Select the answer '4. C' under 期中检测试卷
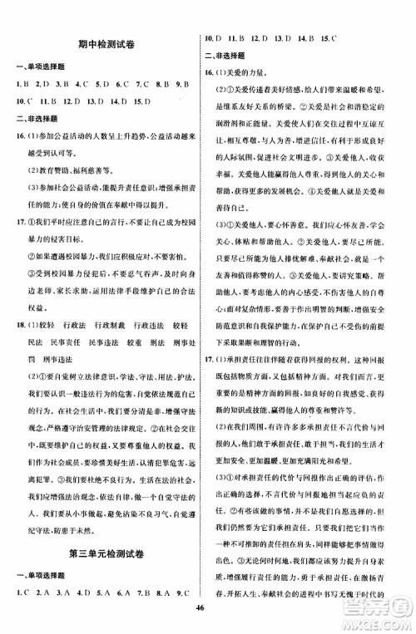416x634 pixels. [82, 83]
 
